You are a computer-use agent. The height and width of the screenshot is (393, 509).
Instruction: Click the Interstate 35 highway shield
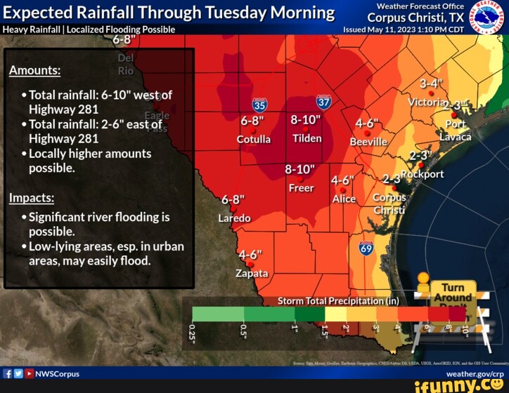click(x=259, y=105)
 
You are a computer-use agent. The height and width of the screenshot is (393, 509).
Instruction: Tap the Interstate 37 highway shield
click(x=323, y=102)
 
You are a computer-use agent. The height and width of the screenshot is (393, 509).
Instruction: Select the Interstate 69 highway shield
click(x=366, y=248)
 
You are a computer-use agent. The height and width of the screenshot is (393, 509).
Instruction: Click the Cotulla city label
click(x=253, y=139)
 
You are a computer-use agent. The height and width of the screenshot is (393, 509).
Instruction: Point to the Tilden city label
click(x=307, y=138)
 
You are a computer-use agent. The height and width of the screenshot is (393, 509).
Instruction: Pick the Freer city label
click(x=301, y=188)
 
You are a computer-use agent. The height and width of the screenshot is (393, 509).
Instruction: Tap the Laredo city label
click(x=234, y=218)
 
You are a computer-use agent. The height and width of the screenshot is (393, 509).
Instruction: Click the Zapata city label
click(x=251, y=272)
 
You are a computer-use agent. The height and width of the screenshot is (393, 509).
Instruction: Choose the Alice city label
click(x=344, y=199)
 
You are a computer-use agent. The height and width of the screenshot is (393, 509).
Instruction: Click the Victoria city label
click(x=427, y=102)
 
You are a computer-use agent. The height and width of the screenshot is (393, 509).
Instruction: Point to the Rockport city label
click(x=423, y=174)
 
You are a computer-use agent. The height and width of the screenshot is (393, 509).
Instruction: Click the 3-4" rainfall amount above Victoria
click(x=431, y=84)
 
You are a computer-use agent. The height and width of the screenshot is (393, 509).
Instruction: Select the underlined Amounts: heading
click(x=34, y=71)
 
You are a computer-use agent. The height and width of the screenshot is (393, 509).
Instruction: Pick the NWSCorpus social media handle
click(x=57, y=374)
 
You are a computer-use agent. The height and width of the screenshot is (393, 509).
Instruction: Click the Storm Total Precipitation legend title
click(x=338, y=301)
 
